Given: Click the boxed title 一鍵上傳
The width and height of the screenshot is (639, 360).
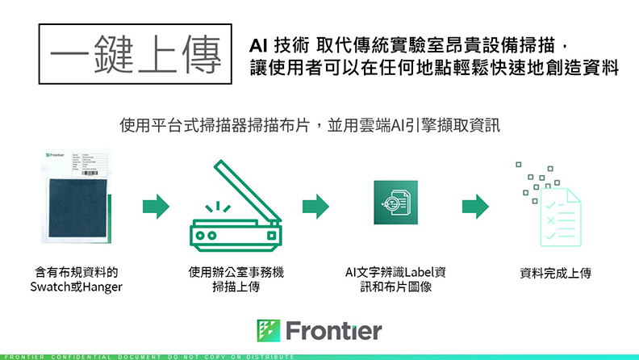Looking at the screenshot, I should (x=134, y=54).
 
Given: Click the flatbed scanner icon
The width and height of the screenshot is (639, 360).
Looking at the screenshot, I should (x=234, y=207).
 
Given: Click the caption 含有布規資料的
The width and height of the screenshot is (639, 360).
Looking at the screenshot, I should (x=76, y=272).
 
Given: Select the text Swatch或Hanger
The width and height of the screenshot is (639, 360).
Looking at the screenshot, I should (x=76, y=287).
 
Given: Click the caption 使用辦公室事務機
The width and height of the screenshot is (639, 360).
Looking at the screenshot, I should (x=235, y=272).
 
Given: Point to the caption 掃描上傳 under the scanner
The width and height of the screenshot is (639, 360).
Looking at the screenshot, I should (x=235, y=287).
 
